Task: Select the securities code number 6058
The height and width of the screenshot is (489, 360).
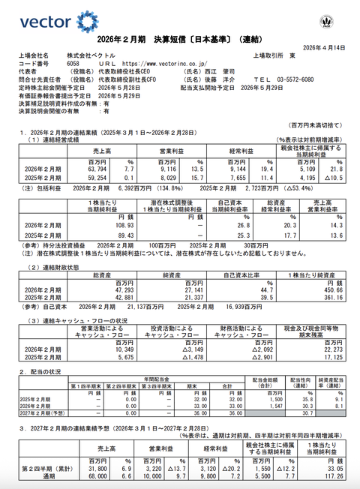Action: tap(73, 64)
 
